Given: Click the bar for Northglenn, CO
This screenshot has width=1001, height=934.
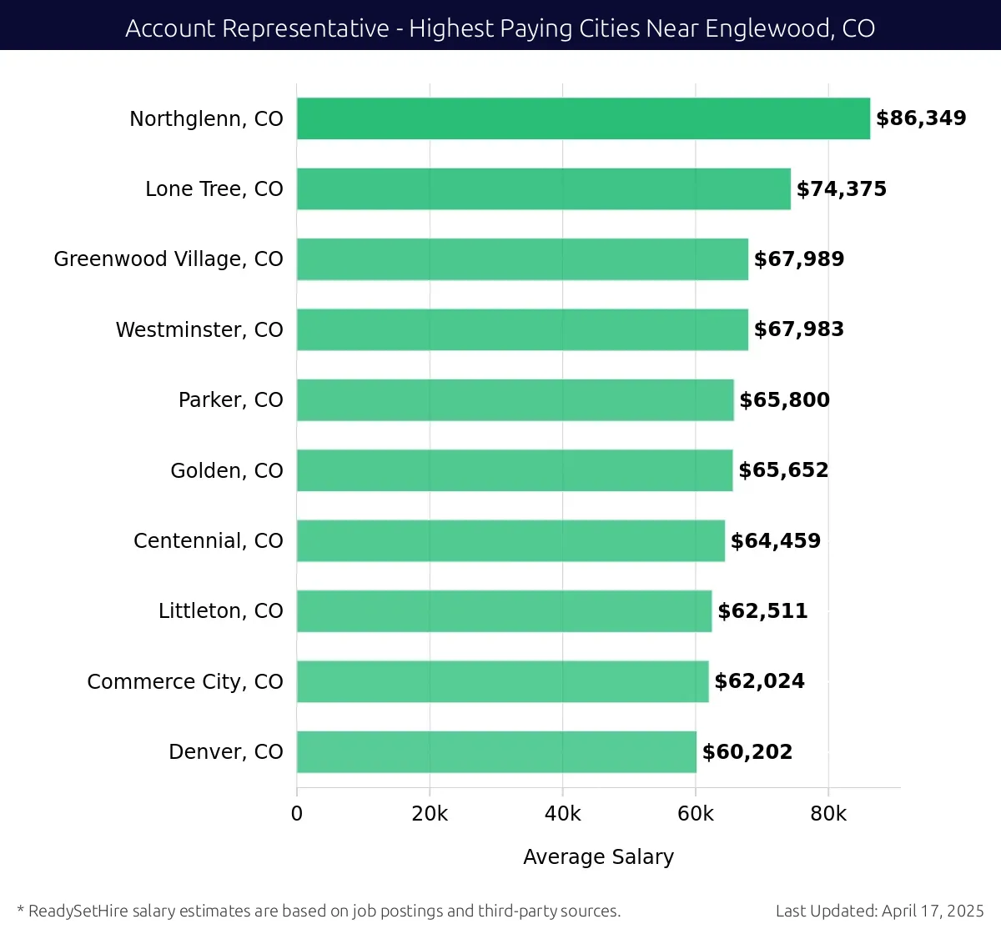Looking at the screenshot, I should tap(583, 118).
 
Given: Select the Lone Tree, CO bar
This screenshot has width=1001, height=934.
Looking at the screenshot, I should tap(543, 189).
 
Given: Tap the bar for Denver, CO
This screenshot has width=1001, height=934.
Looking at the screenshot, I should tap(496, 752).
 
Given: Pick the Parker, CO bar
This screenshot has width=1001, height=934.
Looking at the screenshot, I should tap(515, 400).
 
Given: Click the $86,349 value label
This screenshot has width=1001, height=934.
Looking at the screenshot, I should tap(921, 118).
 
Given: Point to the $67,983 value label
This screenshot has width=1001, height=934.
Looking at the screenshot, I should tap(798, 329).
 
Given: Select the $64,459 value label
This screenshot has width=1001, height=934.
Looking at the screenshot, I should tap(775, 541).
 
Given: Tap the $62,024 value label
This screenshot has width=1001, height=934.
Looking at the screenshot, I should tap(759, 681).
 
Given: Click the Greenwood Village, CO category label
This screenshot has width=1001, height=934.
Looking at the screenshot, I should tap(169, 259).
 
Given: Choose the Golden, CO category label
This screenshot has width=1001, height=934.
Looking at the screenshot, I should tap(226, 471).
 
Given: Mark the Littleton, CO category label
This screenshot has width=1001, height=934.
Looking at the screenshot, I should tap(220, 611).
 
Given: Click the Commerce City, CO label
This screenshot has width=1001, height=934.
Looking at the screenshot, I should tap(185, 682).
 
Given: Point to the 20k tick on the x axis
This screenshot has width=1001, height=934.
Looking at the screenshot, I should tap(430, 814).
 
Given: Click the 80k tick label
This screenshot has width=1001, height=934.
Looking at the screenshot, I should tap(828, 814).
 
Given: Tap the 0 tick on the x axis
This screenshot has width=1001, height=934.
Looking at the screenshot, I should tap(297, 814).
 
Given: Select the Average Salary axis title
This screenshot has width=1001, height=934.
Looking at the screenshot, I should tap(598, 857).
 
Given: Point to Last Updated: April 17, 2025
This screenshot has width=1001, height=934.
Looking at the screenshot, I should tap(879, 911).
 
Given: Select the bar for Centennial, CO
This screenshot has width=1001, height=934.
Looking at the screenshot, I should tap(511, 541).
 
